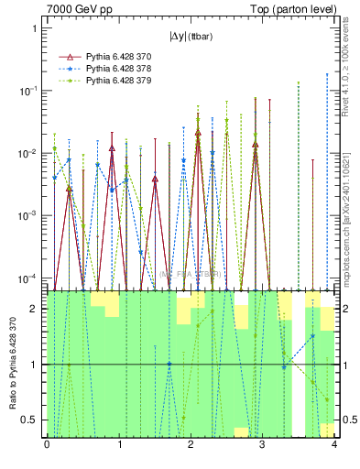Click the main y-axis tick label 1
pyautogui.click(x=34, y=28)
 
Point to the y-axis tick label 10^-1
pyautogui.click(x=29, y=90)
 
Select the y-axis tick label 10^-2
pyautogui.click(x=29, y=152)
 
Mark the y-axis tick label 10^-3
pyautogui.click(x=29, y=214)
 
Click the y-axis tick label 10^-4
pyautogui.click(x=29, y=277)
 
